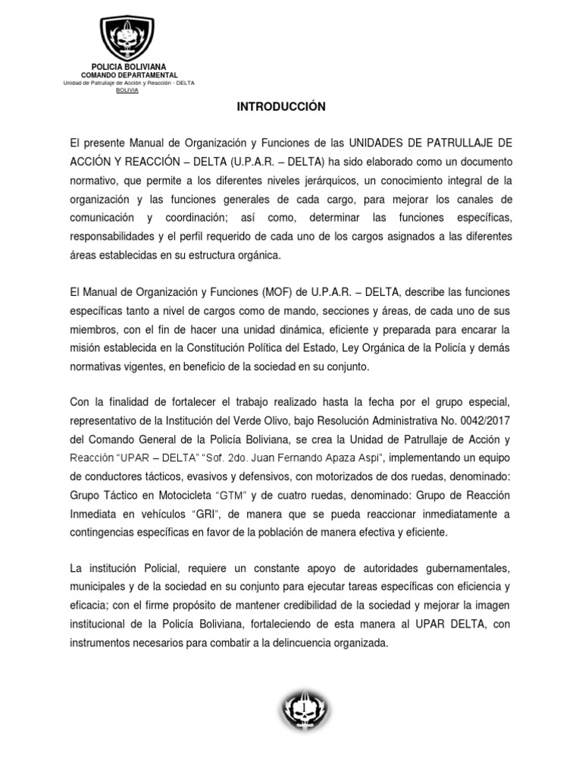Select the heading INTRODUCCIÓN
point(281,107)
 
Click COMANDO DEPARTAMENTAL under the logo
point(129,75)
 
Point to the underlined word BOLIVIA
point(127,90)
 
